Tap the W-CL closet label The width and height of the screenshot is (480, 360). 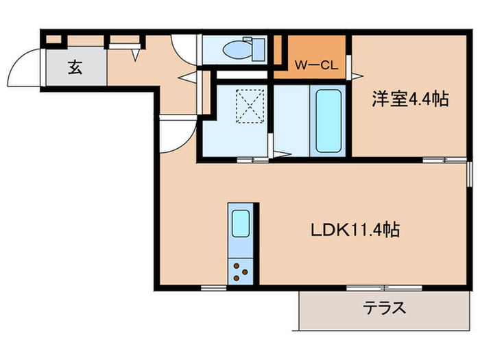(x=313, y=67)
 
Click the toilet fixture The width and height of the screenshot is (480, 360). (x=237, y=49)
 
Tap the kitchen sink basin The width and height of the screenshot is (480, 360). (x=241, y=224)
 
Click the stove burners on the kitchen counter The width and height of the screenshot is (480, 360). (x=241, y=271)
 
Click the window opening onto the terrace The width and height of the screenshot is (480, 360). (x=370, y=287)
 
